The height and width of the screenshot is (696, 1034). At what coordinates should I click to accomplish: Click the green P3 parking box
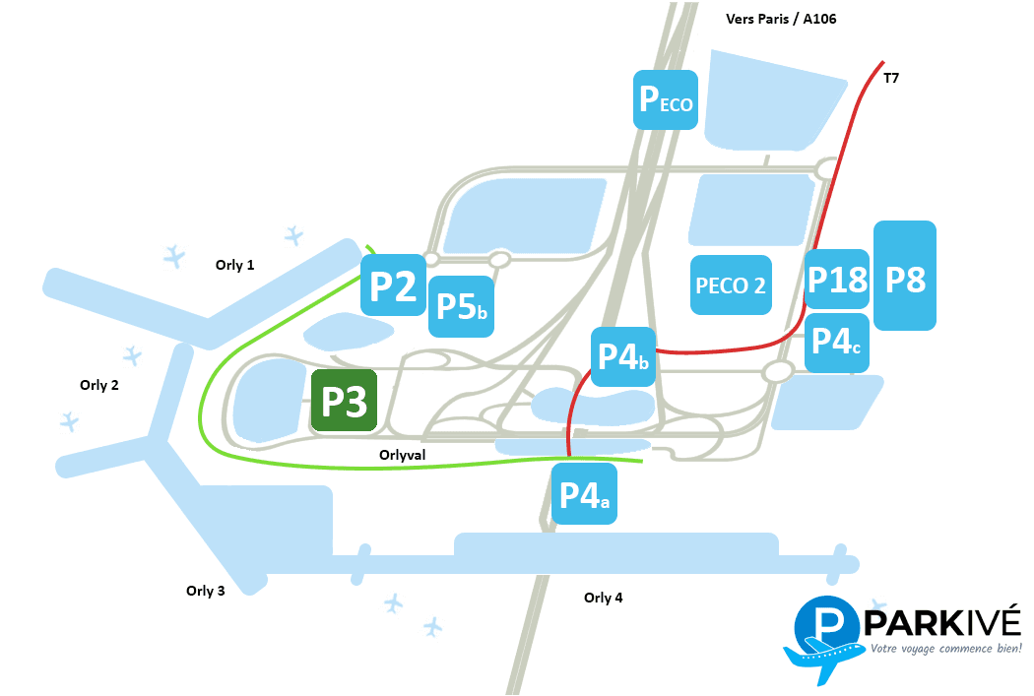[x=345, y=402]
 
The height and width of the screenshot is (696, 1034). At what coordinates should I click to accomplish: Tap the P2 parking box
[x=393, y=285]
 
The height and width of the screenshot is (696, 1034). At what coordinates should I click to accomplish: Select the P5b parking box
[x=461, y=306]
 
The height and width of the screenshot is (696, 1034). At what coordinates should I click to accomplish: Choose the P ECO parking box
[x=666, y=98]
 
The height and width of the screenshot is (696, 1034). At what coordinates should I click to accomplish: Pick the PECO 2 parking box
[x=731, y=285]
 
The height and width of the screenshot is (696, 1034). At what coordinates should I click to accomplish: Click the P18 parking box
[x=837, y=280]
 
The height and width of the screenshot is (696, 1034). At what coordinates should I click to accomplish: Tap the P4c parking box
[x=837, y=343]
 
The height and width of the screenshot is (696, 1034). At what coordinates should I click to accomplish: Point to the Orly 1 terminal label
[x=235, y=265]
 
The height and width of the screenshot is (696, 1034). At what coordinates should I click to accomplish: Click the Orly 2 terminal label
[x=99, y=385]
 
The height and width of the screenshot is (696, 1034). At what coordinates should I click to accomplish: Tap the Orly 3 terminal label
[x=206, y=591]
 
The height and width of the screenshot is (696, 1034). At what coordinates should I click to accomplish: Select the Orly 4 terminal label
[x=604, y=598]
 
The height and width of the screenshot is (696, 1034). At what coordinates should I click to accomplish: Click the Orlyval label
[x=402, y=455]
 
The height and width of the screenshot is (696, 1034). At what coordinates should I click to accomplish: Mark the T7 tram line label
[x=891, y=78]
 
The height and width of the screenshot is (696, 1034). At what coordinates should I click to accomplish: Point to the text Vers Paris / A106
[x=781, y=19]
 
